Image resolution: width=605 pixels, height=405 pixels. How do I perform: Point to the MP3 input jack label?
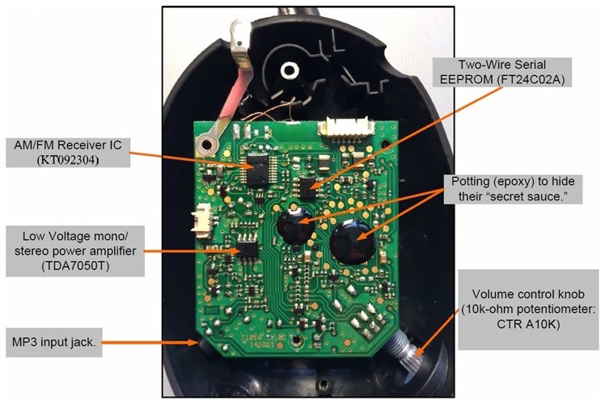(66, 342)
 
